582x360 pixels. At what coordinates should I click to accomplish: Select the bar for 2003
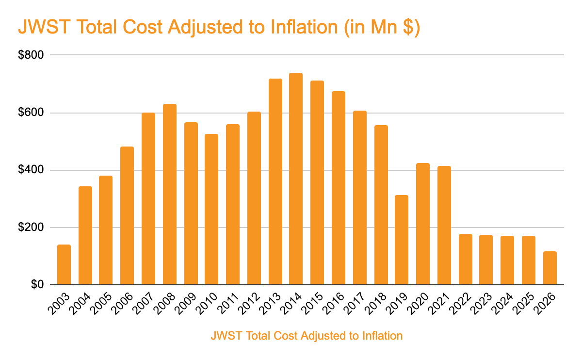coord(64,264)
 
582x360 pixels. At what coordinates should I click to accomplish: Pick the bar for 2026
coord(550,268)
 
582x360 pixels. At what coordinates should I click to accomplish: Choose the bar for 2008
coord(170,194)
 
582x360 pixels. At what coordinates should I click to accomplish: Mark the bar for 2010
coord(211,209)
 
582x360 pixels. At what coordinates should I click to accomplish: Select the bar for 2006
coord(127,215)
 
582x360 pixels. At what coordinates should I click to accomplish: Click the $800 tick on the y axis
coord(31,55)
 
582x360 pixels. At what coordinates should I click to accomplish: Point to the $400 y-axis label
coord(31,170)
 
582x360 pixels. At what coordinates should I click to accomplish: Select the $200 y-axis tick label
coord(31,228)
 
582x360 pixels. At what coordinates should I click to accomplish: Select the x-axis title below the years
coord(307,335)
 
